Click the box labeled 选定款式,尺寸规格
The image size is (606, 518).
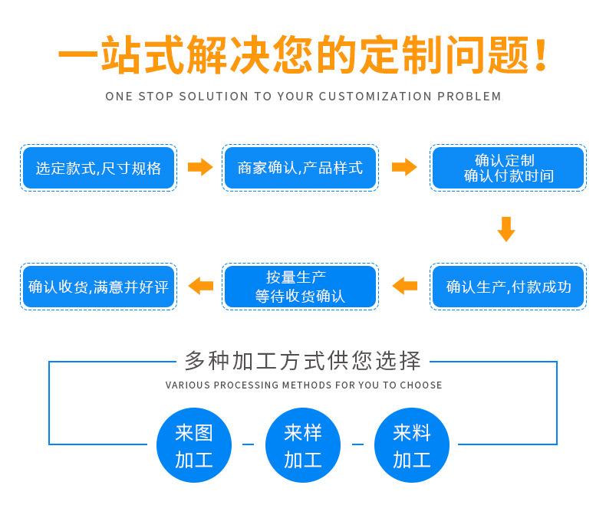pos(98,168)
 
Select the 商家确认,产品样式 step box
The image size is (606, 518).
pos(300,168)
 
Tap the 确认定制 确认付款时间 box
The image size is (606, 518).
pos(508,168)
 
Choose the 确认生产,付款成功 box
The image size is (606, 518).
pos(508,287)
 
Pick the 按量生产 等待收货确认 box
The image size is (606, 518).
pos(300,287)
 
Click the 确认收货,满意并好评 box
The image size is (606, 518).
pos(98,287)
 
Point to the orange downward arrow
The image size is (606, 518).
pos(506,228)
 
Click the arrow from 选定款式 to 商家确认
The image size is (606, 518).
pos(200,167)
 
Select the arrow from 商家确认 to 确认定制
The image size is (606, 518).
pos(403,167)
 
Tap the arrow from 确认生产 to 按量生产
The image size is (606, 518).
pos(404,286)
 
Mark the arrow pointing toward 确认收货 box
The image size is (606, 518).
pos(201,286)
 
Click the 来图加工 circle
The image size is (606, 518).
pos(193,446)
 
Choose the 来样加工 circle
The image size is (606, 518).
pos(302,446)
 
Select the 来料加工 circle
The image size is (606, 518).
pos(411,446)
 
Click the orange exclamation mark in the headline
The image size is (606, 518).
pos(541,55)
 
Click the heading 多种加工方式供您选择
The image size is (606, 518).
pos(303,359)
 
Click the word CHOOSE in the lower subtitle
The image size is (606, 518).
pos(422,385)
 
